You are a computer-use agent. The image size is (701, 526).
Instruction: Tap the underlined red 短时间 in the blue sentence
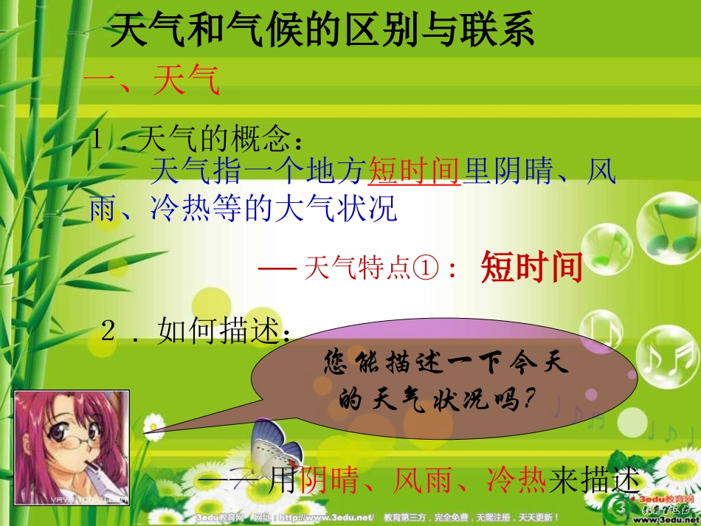pyautogui.click(x=414, y=172)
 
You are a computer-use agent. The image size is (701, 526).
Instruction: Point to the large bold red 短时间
pyautogui.click(x=531, y=267)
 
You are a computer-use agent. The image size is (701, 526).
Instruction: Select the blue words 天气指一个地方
pyautogui.click(x=258, y=172)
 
